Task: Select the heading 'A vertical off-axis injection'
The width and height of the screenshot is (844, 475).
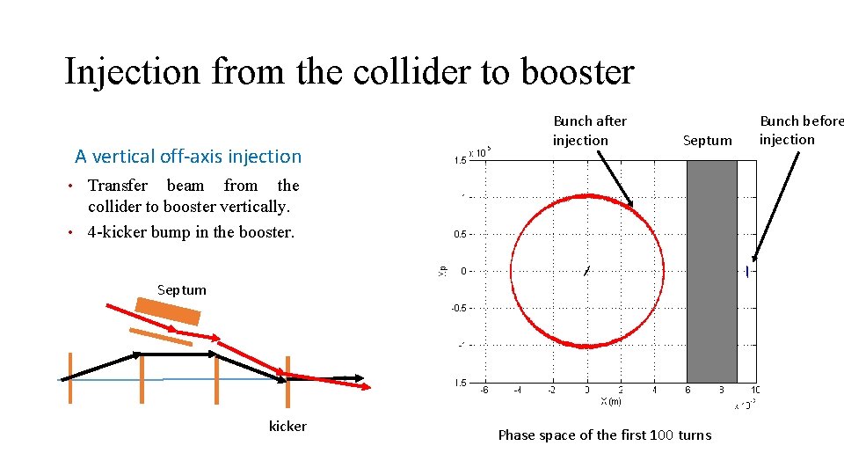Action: coord(188,157)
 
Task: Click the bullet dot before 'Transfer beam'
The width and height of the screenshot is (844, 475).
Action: coord(78,186)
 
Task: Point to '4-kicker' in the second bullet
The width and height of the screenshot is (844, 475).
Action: coord(118,232)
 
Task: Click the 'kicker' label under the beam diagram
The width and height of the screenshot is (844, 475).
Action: coord(287,427)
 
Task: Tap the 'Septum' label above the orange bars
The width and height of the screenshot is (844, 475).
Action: coord(182,289)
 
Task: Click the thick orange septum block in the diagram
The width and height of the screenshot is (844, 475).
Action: coord(169,311)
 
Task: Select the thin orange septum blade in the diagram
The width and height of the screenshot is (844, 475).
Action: coord(160,336)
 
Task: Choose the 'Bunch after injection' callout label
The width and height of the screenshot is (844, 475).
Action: coord(589,130)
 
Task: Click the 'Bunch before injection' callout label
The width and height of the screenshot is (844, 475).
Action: coord(800,130)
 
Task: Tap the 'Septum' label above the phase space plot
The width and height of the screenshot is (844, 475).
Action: coord(707,141)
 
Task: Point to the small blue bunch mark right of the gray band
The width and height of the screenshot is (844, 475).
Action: coord(746,271)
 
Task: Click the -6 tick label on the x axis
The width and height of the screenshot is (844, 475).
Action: coord(484,390)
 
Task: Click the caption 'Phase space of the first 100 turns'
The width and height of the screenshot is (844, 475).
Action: coord(604,435)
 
